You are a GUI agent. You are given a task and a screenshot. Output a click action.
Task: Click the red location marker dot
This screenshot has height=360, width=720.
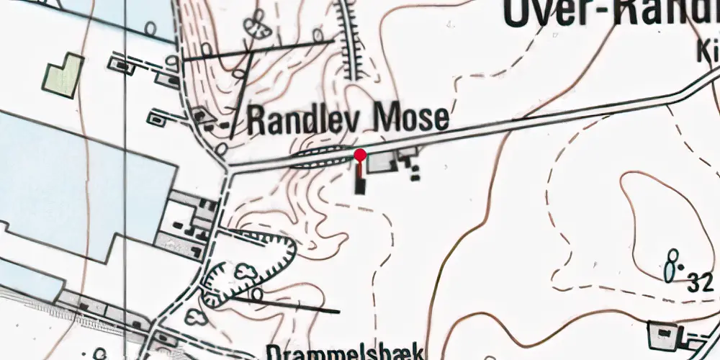[361, 155]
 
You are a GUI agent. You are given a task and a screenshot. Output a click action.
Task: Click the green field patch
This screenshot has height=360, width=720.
[63, 75]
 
